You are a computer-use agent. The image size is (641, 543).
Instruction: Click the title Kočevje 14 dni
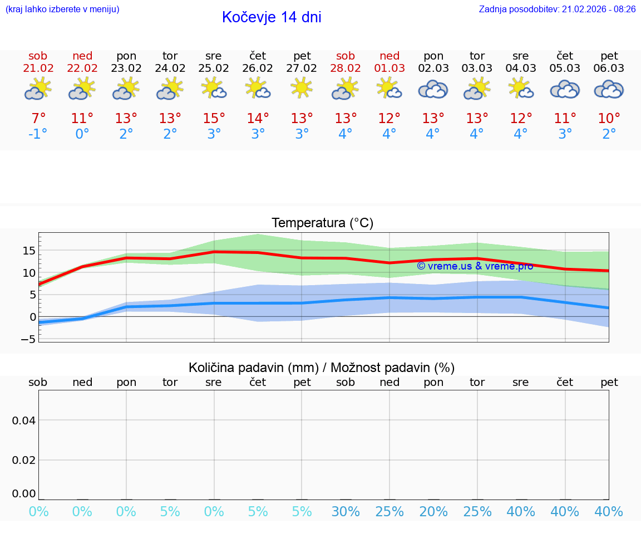272,17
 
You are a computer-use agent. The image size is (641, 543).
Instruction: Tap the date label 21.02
38,69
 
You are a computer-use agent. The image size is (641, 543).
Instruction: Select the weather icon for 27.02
302,88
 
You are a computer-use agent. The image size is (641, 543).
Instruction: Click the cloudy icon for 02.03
433,89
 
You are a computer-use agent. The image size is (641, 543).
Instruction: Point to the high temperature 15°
214,119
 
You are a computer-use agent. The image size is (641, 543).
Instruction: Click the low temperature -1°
38,135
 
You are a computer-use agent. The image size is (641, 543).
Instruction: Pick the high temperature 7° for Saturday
38,119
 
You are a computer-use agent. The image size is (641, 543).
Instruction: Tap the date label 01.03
389,69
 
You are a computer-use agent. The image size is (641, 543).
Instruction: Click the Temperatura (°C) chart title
322,223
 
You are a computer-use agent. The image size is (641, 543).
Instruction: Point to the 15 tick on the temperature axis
28,251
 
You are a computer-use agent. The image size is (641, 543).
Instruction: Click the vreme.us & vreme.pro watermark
475,266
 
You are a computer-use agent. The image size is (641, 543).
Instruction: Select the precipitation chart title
322,368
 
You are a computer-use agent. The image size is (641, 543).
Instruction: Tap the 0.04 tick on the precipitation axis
24,420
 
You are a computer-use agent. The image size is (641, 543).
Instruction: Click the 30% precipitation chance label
346,512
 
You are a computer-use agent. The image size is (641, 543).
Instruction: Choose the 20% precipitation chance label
433,512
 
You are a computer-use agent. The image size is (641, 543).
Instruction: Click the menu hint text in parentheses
62,9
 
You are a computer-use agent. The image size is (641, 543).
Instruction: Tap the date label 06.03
609,69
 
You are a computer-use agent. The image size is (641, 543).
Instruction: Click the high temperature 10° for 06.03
609,119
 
